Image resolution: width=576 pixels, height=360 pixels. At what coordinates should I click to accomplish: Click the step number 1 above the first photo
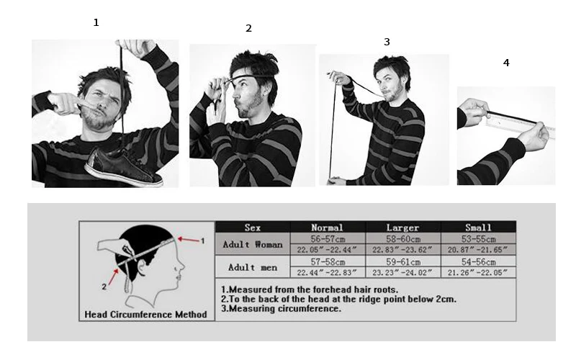96,23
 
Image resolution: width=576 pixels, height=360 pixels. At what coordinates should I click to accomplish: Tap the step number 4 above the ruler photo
506,63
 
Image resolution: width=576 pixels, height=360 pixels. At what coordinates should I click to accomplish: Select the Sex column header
253,228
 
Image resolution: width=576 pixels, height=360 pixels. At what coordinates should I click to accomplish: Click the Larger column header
402,228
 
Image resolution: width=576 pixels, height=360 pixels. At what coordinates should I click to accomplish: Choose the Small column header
478,228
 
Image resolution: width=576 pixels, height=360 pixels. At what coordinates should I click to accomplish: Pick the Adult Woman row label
253,244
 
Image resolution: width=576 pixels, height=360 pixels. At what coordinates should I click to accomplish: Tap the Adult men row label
253,267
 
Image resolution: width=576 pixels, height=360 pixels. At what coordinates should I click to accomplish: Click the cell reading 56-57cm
328,239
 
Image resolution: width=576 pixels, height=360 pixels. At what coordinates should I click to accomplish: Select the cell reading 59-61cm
403,262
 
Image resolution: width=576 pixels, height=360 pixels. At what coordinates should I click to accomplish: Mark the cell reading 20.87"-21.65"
477,250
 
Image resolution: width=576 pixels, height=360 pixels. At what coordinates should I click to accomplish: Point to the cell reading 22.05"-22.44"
327,250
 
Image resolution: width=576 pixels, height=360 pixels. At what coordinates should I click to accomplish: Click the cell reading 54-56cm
479,262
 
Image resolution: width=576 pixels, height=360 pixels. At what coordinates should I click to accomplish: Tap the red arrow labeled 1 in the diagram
189,240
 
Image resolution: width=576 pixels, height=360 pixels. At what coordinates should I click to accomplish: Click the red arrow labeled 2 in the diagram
113,276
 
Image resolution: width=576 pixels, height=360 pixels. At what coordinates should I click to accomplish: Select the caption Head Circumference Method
146,315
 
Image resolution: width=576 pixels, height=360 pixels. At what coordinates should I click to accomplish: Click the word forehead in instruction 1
311,289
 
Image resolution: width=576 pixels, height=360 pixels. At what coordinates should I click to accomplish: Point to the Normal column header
327,228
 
